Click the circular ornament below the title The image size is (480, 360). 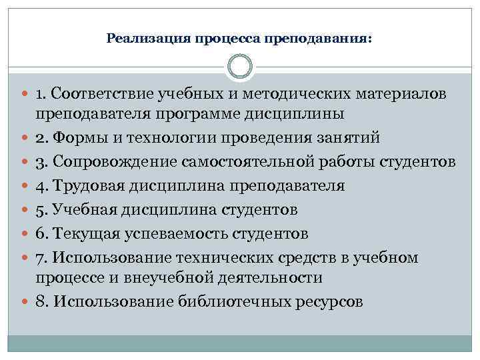240,67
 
